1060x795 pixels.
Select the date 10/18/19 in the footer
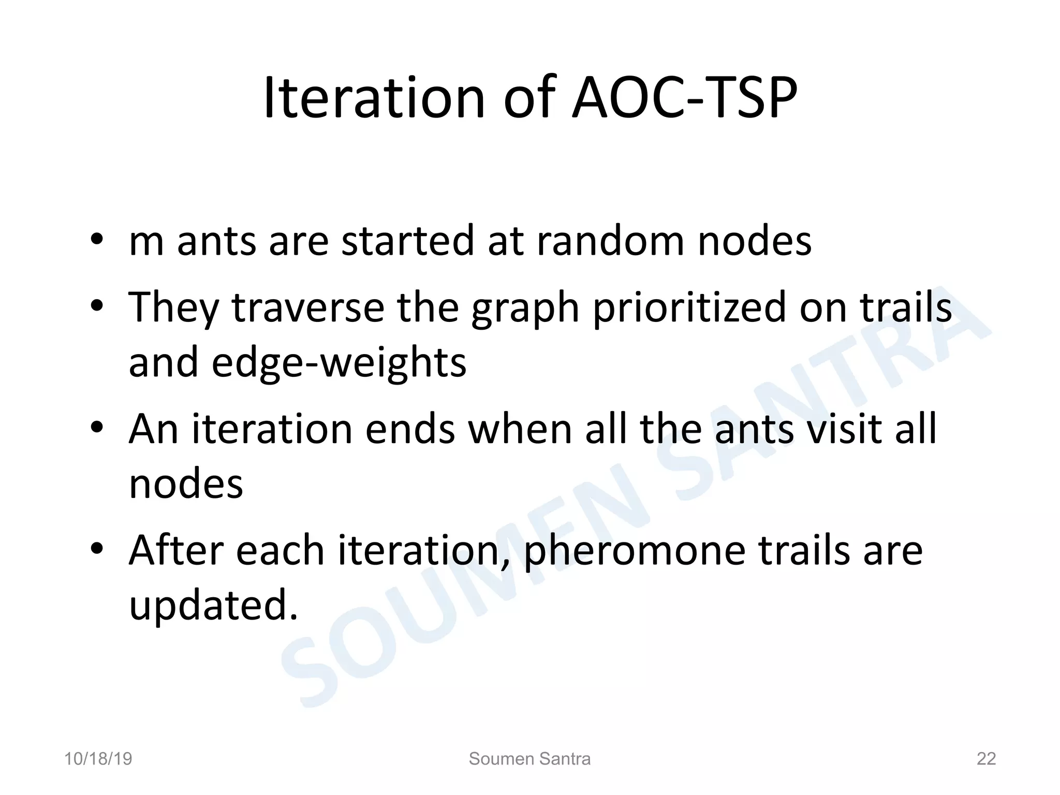[98, 759]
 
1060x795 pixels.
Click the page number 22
[986, 759]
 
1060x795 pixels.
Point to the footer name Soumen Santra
[529, 759]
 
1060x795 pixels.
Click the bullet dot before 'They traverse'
[97, 306]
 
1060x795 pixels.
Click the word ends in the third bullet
[410, 429]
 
